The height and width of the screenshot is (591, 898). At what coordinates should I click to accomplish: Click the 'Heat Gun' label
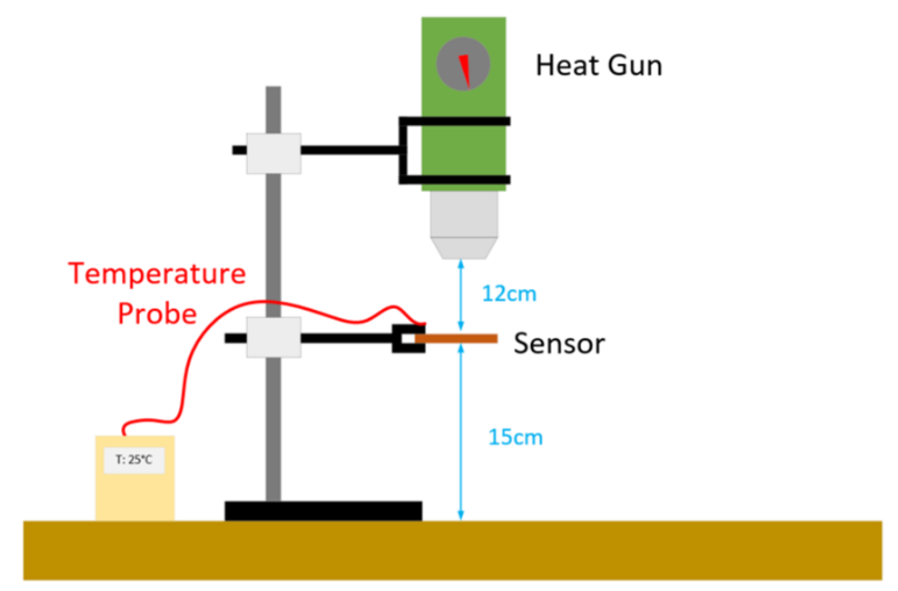point(599,66)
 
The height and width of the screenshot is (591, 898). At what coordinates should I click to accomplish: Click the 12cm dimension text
point(509,294)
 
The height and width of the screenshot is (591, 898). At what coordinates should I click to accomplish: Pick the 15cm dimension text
point(515,437)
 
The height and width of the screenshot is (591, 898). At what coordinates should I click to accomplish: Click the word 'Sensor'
point(559,343)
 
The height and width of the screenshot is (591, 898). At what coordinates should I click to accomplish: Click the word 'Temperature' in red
point(157,274)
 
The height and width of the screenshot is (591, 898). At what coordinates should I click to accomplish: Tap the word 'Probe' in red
point(157,314)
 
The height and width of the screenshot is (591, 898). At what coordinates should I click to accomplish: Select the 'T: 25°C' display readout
point(134,460)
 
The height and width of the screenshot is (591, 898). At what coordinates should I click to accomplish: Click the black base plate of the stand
point(323,511)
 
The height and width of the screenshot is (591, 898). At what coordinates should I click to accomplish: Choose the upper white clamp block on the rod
point(273,153)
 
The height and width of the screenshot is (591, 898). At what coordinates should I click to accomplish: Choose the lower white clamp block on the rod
point(273,337)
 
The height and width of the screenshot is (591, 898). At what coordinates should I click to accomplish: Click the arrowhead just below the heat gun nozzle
point(461,265)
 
